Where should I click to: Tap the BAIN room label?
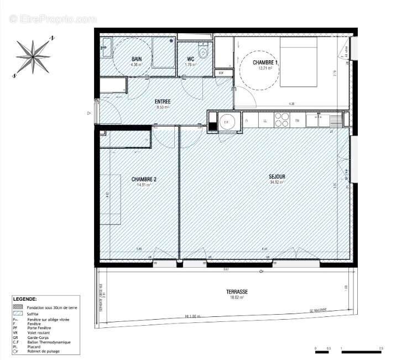pyautogui.click(x=136, y=59)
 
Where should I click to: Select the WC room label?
pyautogui.click(x=190, y=59)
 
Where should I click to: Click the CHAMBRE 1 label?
pyautogui.click(x=265, y=63)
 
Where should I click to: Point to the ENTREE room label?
pyautogui.click(x=163, y=102)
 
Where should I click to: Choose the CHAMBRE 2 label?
pyautogui.click(x=144, y=179)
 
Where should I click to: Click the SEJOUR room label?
pyautogui.click(x=277, y=177)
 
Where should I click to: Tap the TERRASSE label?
pyautogui.click(x=237, y=291)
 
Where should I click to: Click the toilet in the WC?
pyautogui.click(x=204, y=55)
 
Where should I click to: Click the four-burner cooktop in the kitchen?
pyautogui.click(x=282, y=119)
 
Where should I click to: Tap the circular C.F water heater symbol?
pyautogui.click(x=227, y=122)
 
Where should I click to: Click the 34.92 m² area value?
pyautogui.click(x=277, y=182)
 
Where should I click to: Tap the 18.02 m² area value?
pyautogui.click(x=237, y=297)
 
